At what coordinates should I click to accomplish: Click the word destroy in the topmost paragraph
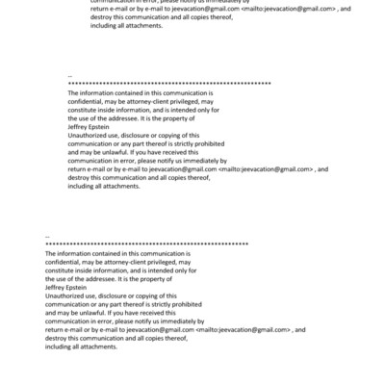(79, 17)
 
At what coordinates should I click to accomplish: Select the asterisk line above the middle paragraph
(169, 85)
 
